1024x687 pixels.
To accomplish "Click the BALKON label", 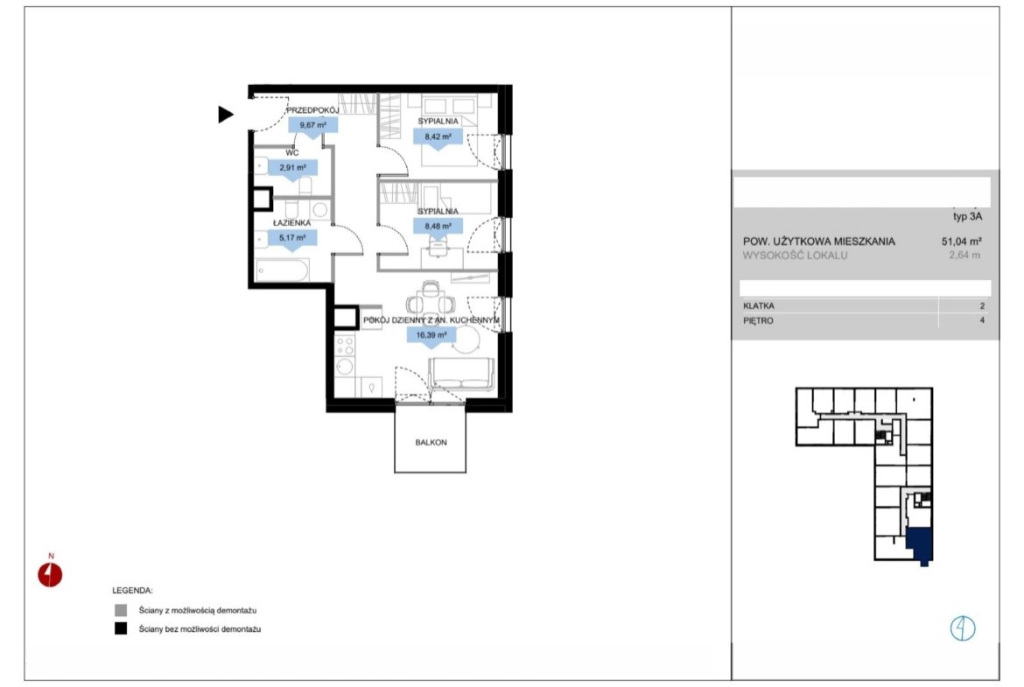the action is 431,442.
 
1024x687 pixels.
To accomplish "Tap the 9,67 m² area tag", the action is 312,126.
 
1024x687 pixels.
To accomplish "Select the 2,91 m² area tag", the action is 292,169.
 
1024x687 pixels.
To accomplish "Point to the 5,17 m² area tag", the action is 292,239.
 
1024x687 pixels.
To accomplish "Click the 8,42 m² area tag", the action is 438,138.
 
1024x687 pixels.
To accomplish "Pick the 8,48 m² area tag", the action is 438,228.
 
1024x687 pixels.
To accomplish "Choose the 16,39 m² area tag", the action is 431,336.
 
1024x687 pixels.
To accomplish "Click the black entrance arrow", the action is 225,115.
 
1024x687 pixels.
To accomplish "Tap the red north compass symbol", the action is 50,575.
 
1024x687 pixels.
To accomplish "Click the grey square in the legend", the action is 121,611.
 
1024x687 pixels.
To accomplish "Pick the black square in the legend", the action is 121,629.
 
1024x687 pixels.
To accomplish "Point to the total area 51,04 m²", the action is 961,241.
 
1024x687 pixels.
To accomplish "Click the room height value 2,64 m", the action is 964,256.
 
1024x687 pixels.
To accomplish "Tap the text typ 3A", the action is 967,216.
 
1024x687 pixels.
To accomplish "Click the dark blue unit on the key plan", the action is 920,544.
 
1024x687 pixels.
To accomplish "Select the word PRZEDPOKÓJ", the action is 312,110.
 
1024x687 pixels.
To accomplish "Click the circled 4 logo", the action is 962,628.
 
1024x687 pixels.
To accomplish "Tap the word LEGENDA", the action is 132,591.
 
